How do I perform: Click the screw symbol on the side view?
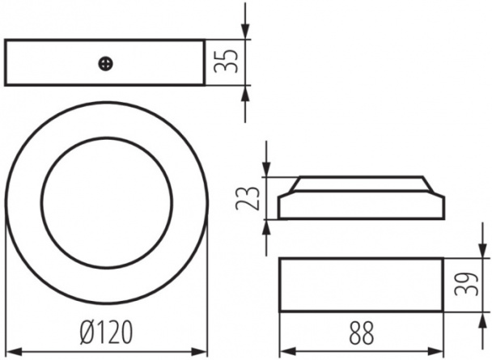point(106,64)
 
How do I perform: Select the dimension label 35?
point(226,61)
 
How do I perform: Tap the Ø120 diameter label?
point(106,332)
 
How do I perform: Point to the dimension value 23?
point(248,198)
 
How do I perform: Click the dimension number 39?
point(466,284)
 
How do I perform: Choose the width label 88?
point(361,332)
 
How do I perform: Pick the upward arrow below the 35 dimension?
point(245,104)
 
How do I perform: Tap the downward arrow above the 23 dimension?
point(266,159)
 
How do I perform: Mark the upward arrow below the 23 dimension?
point(266,237)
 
